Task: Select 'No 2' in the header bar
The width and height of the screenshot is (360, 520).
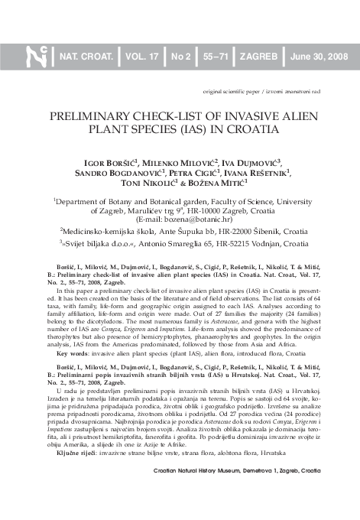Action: coord(181,57)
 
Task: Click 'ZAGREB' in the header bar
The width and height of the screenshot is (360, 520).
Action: coord(260,57)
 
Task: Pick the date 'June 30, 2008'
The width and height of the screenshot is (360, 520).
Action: coord(318,57)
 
